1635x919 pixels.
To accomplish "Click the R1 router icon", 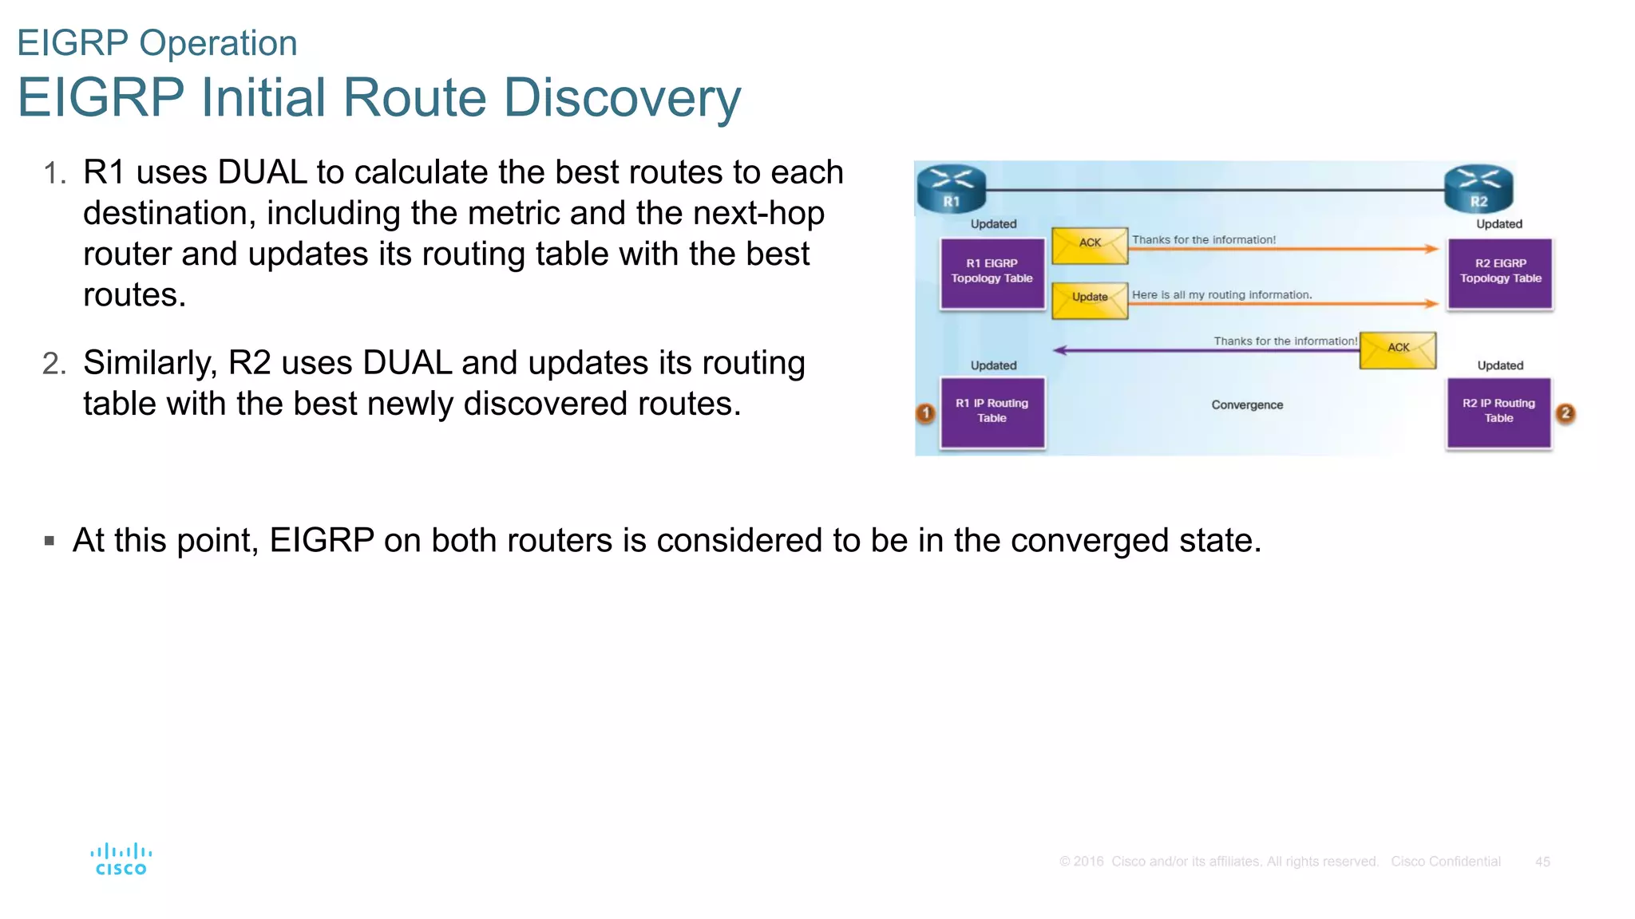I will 951,188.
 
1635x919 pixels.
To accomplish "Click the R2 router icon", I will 1479,188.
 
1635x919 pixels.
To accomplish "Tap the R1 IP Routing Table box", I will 992,412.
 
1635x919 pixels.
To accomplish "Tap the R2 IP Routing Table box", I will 1498,412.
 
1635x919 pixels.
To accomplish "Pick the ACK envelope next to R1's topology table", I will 1090,245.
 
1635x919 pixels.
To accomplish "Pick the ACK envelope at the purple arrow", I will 1397,349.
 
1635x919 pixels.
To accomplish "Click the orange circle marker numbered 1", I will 925,413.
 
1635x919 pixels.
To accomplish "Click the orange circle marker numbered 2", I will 1566,413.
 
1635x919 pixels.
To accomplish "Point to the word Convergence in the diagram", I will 1247,405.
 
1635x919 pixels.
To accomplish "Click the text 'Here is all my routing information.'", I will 1221,295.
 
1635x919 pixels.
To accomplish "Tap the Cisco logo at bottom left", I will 121,860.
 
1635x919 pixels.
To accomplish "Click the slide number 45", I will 1542,862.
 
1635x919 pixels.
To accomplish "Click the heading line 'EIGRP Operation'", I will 157,43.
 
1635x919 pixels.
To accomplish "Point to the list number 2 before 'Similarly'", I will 53,365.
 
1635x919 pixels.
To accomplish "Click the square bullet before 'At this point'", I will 49,541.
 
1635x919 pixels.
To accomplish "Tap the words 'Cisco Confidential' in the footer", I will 1446,862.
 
